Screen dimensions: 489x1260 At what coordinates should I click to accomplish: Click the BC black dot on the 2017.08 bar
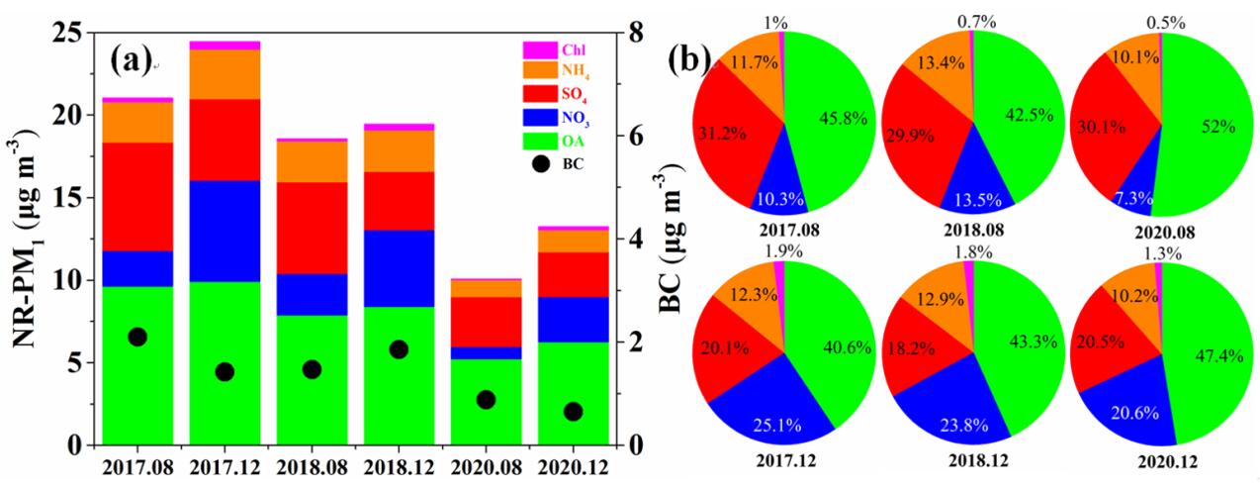137,338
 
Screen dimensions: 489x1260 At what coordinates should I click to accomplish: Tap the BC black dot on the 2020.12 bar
573,412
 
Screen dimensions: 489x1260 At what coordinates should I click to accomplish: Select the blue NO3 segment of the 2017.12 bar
225,231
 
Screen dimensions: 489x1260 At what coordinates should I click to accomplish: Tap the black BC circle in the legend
540,164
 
